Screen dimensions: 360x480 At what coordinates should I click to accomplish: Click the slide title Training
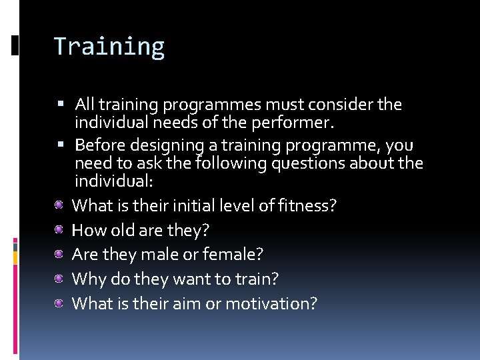[109, 47]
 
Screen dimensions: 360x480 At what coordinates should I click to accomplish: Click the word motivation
[271, 303]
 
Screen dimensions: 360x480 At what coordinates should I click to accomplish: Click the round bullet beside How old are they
[59, 230]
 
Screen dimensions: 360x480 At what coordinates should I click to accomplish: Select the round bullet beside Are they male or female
[59, 254]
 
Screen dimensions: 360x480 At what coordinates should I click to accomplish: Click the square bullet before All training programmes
[61, 105]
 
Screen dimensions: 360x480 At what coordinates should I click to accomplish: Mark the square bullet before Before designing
[61, 145]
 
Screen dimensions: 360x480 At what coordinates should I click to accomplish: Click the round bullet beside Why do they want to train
[59, 279]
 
